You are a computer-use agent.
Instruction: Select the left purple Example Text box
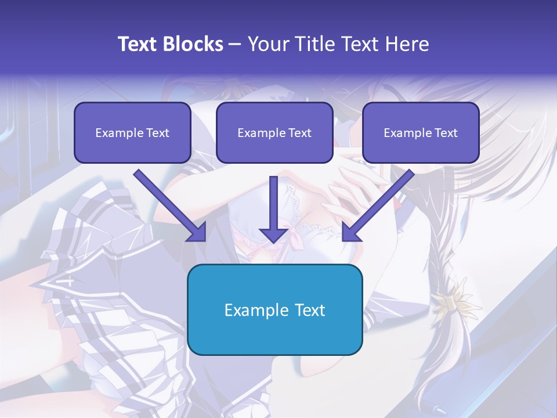[x=132, y=132]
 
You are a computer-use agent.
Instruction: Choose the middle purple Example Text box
[x=274, y=132]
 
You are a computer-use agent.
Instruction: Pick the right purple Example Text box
[x=421, y=132]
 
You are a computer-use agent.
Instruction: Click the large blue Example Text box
[x=274, y=309]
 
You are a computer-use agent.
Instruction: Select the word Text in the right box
[x=446, y=133]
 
